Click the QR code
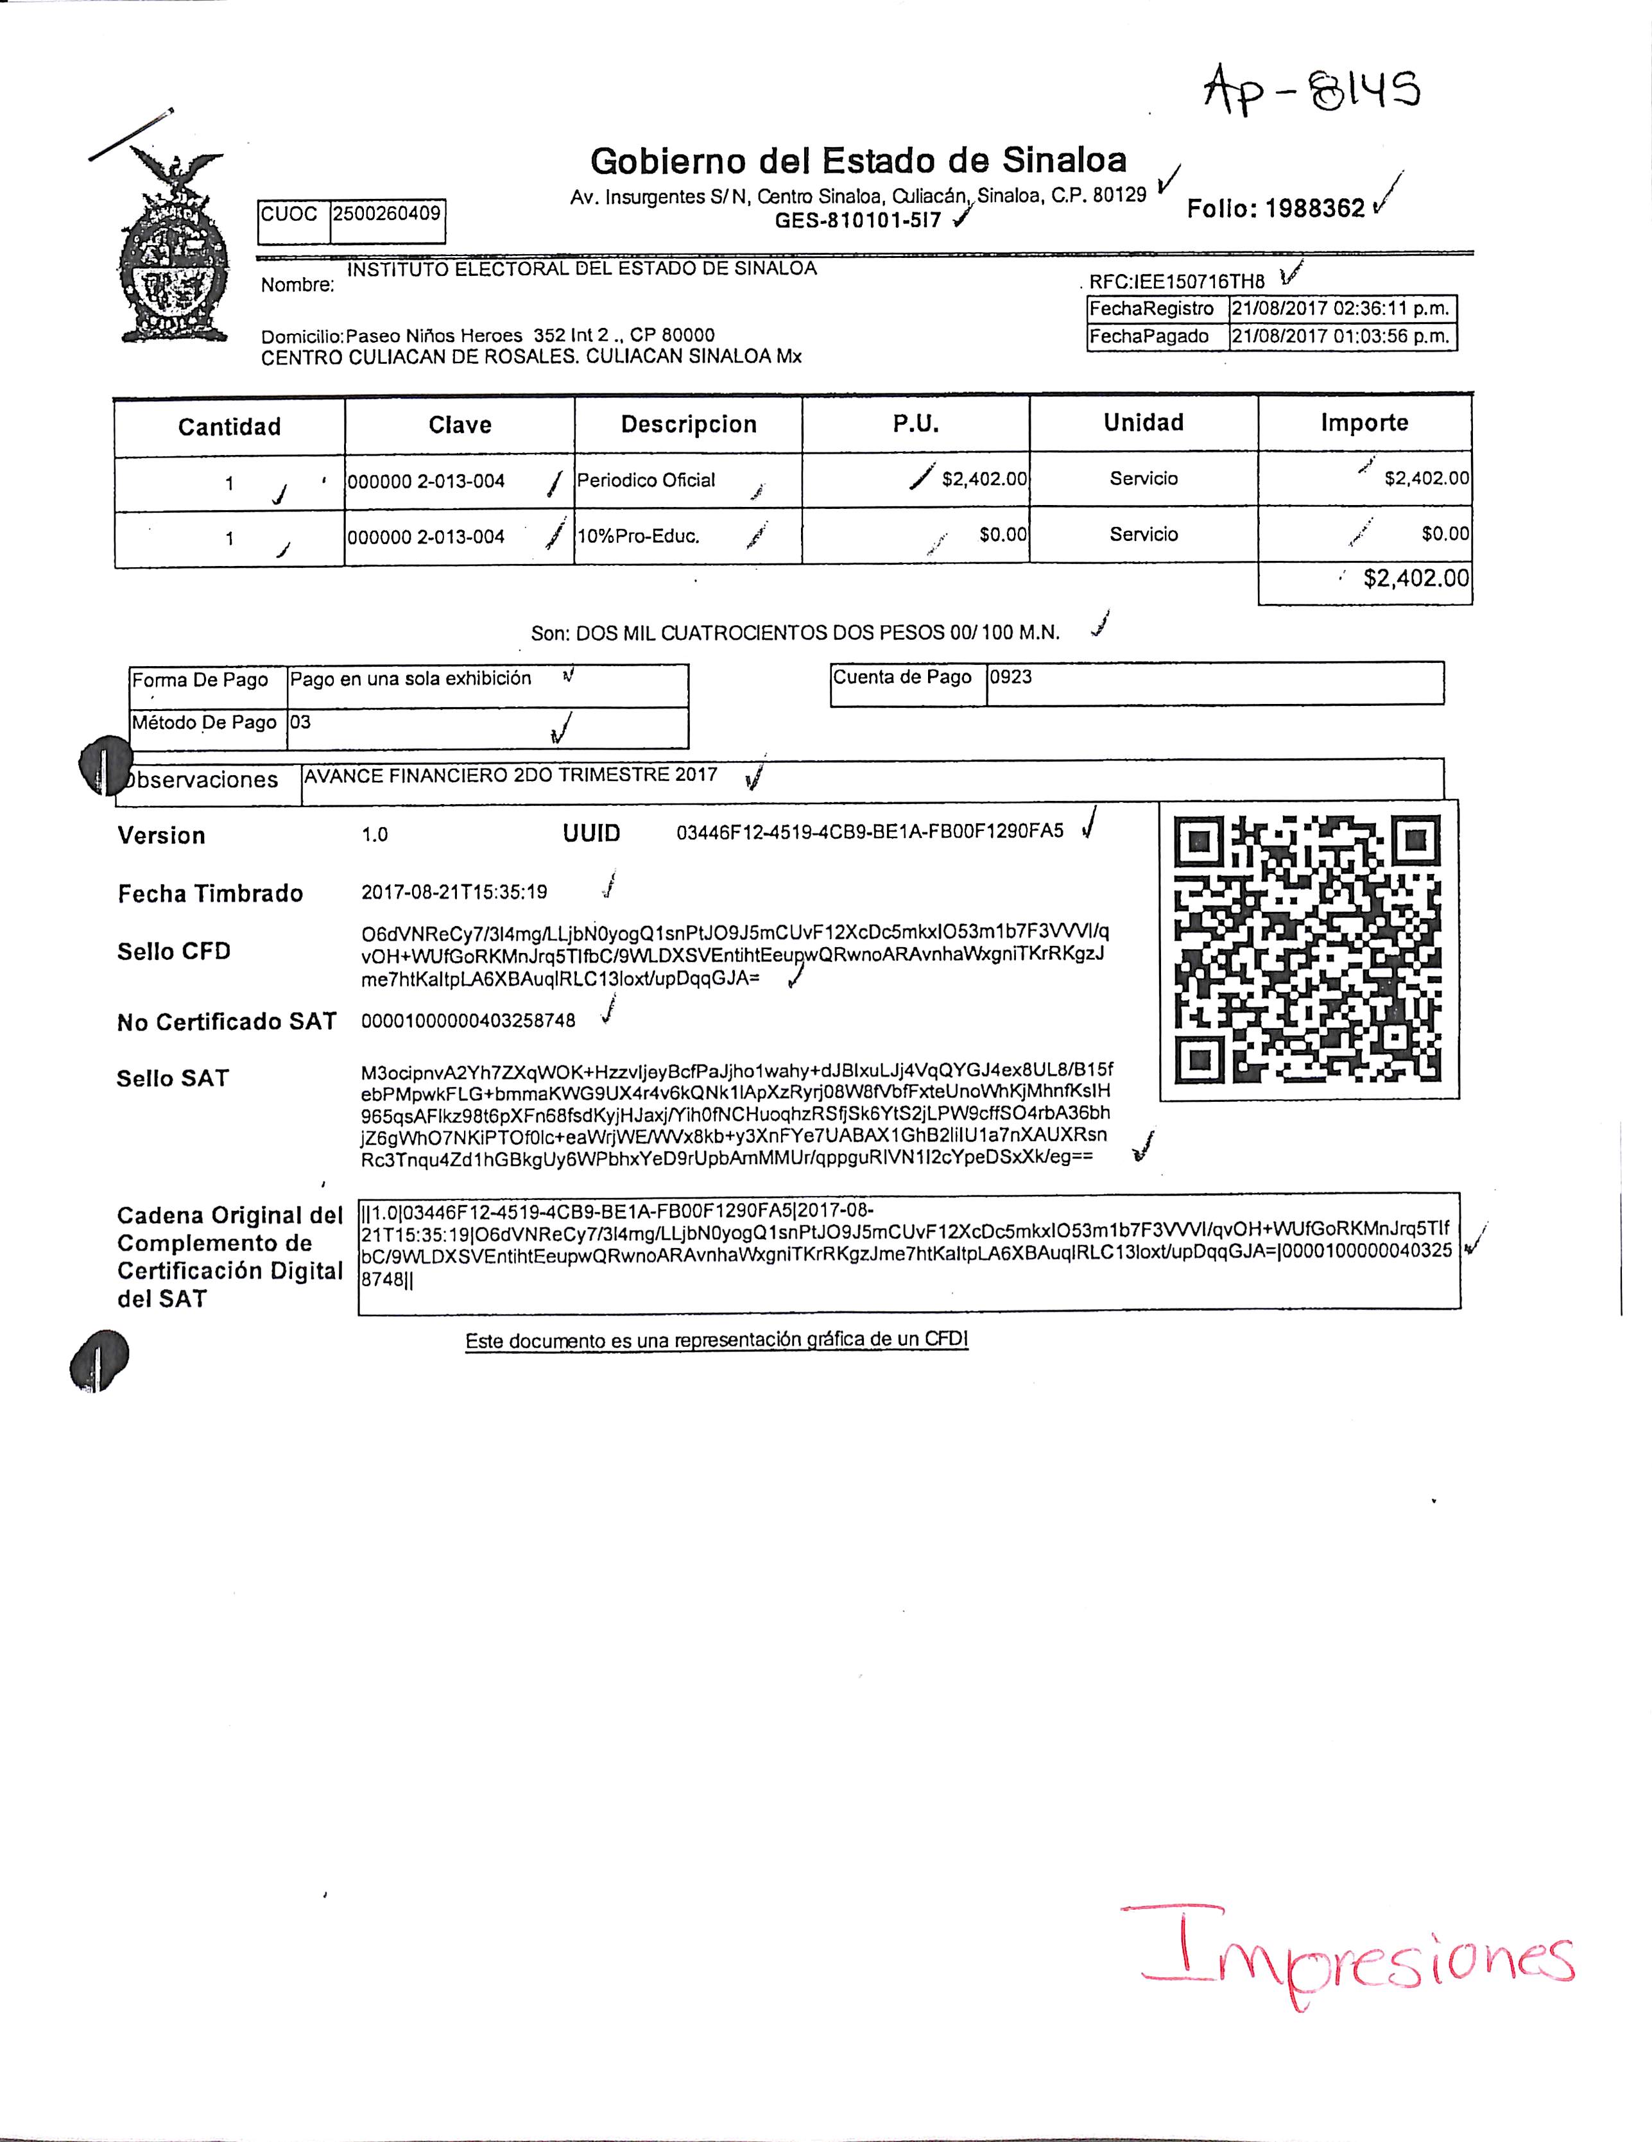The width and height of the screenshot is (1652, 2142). coord(1309,949)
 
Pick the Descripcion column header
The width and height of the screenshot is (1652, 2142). coord(689,425)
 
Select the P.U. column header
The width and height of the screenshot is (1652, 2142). coord(915,424)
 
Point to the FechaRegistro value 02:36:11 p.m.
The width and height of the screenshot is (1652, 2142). coord(1340,309)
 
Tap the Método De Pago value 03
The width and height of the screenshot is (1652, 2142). coord(300,723)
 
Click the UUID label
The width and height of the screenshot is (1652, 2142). coord(592,834)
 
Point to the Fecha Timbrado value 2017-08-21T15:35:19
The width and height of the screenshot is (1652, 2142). coord(454,893)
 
